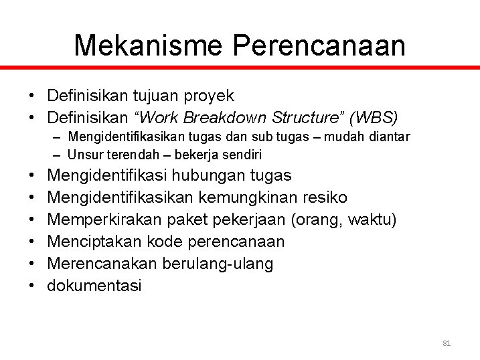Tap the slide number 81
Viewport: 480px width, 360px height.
(x=447, y=343)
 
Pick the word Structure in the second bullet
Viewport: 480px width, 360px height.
(x=301, y=118)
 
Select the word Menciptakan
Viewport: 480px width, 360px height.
(x=90, y=242)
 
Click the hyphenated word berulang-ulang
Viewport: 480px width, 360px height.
(x=218, y=264)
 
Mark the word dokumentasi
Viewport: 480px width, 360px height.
(x=94, y=286)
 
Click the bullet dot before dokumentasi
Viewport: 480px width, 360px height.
(x=32, y=286)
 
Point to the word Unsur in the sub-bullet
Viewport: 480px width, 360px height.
(x=82, y=155)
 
